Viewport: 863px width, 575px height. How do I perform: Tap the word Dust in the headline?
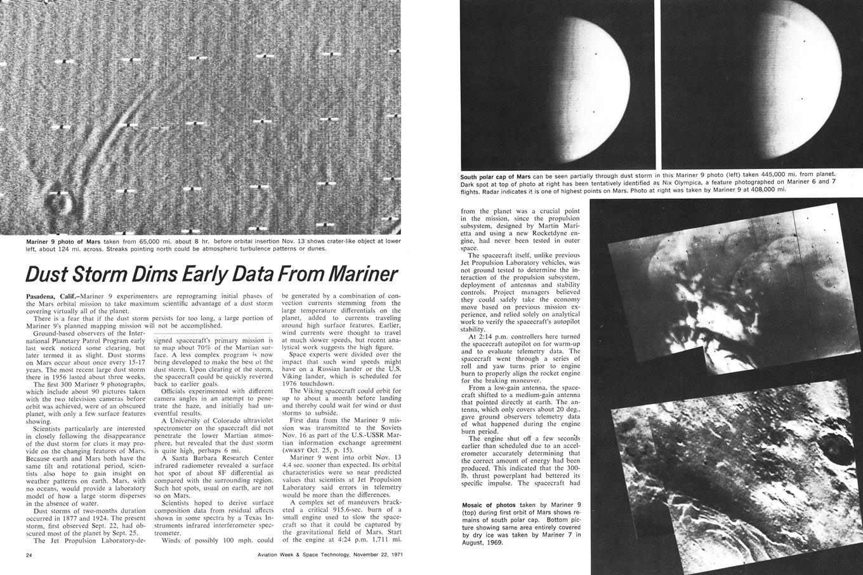coord(47,274)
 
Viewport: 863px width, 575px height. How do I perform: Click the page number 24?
coord(29,555)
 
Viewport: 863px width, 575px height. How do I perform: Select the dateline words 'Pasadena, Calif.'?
coord(53,296)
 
